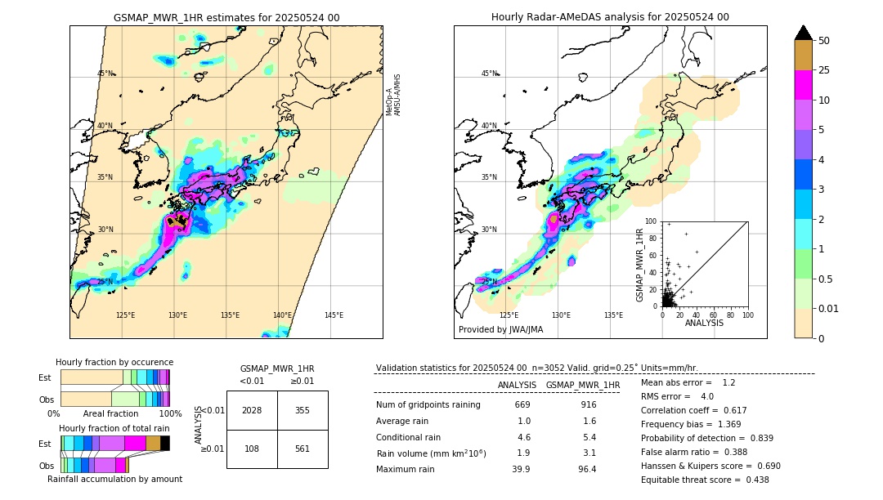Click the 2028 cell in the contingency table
point(252,410)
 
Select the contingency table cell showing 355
point(302,410)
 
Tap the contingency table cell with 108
point(252,449)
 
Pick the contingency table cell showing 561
point(302,449)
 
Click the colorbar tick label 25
point(824,71)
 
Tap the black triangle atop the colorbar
point(803,33)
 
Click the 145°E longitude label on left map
point(334,315)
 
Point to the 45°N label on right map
point(489,74)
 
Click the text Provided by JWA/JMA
point(500,329)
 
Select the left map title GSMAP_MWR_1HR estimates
point(226,17)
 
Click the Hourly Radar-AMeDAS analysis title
point(610,17)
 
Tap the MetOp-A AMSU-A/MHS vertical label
point(393,95)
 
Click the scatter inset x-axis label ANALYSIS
point(704,323)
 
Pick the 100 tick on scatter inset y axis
point(651,221)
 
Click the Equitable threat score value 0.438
point(753,480)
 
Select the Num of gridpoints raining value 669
point(522,404)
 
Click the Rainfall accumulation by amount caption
point(114,479)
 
